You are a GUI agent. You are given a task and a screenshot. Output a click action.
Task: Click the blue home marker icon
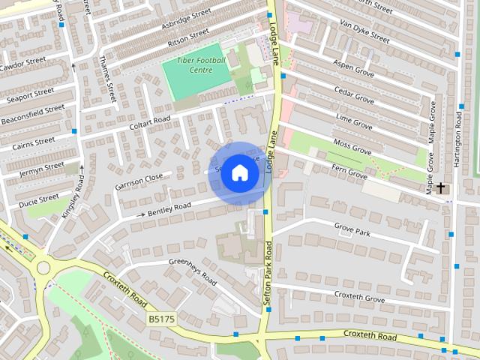tap(239, 172)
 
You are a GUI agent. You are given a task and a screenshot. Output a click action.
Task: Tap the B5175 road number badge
tap(160, 319)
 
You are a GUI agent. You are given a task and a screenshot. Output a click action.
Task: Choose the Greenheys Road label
tap(192, 271)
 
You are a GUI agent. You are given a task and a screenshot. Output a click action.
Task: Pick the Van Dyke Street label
tap(364, 30)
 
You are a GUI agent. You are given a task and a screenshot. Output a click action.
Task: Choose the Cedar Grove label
tap(354, 98)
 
